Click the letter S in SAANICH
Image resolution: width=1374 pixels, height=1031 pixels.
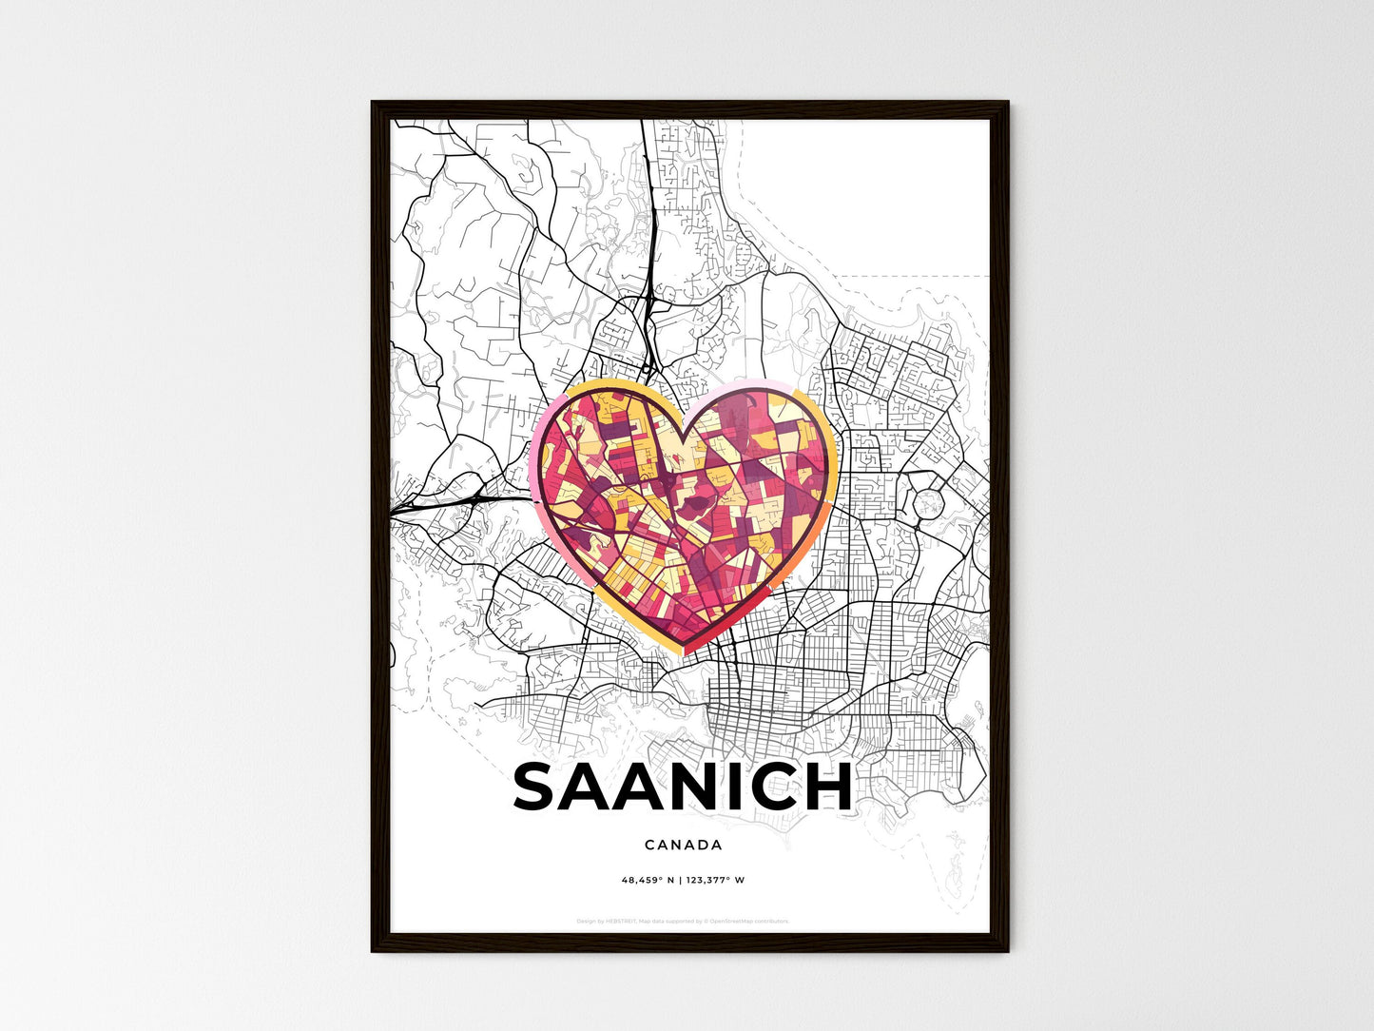[538, 788]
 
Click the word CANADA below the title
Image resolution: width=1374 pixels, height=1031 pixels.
[683, 845]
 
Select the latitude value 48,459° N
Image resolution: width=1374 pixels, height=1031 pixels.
[648, 880]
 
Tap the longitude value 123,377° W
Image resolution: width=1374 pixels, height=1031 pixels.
[714, 880]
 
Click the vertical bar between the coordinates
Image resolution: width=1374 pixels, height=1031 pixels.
[681, 880]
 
